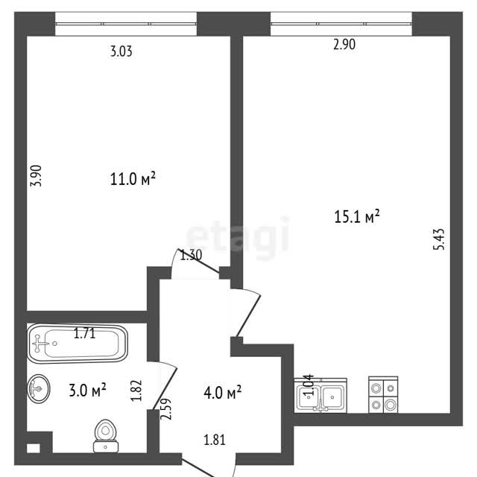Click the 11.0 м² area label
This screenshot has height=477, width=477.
click(x=133, y=179)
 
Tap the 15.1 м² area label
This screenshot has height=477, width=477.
click(x=357, y=217)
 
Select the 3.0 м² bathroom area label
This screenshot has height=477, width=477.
click(x=88, y=390)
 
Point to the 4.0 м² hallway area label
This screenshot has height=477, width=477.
click(x=223, y=393)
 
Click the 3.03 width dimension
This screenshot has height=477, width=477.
click(x=121, y=51)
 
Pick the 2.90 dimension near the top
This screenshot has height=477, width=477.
click(x=344, y=45)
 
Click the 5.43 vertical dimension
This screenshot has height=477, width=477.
click(x=439, y=239)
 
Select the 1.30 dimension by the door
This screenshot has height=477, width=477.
click(x=191, y=255)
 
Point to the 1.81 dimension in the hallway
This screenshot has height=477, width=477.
click(x=215, y=440)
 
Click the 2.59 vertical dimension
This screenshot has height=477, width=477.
click(x=166, y=409)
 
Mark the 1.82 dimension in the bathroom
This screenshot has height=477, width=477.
click(x=136, y=391)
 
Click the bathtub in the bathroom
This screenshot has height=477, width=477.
click(x=78, y=344)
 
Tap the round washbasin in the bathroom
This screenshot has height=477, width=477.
click(x=39, y=388)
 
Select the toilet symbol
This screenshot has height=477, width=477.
click(x=106, y=436)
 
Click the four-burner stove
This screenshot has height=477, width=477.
click(x=383, y=395)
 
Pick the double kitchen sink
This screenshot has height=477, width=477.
click(x=320, y=396)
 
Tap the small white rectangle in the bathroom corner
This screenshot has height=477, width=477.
click(x=33, y=448)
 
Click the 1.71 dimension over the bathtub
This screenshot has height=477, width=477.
click(x=84, y=333)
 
